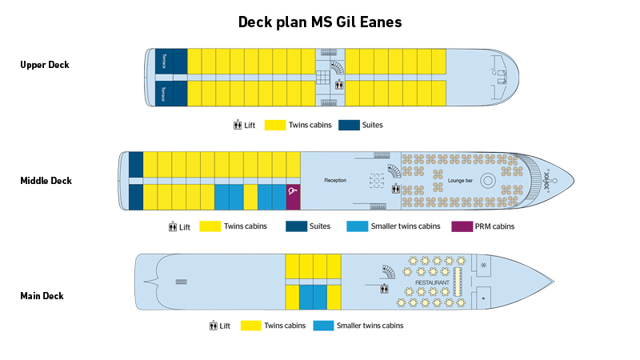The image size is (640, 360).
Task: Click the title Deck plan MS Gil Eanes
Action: click(x=320, y=22)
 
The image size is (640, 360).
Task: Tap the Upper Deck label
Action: click(x=45, y=65)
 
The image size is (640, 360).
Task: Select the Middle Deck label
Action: click(x=46, y=181)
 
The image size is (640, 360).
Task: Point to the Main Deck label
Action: click(x=42, y=296)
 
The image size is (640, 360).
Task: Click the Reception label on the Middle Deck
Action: click(x=335, y=181)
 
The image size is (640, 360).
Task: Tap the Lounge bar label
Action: click(x=462, y=181)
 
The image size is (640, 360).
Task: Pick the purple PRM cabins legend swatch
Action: click(x=462, y=226)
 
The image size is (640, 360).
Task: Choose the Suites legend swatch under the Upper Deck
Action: click(x=349, y=126)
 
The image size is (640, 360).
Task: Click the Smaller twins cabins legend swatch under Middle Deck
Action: click(x=357, y=226)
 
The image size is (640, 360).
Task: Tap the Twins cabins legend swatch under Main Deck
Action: click(x=253, y=326)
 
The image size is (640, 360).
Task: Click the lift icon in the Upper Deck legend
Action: click(x=238, y=126)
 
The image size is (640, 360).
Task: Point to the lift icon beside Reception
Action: click(x=396, y=190)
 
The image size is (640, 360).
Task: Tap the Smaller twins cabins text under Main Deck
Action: click(x=370, y=326)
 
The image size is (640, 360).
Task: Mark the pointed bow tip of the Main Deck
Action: click(x=553, y=282)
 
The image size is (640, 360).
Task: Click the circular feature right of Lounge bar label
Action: click(x=487, y=180)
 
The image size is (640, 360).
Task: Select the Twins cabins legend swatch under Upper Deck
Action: click(x=275, y=126)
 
